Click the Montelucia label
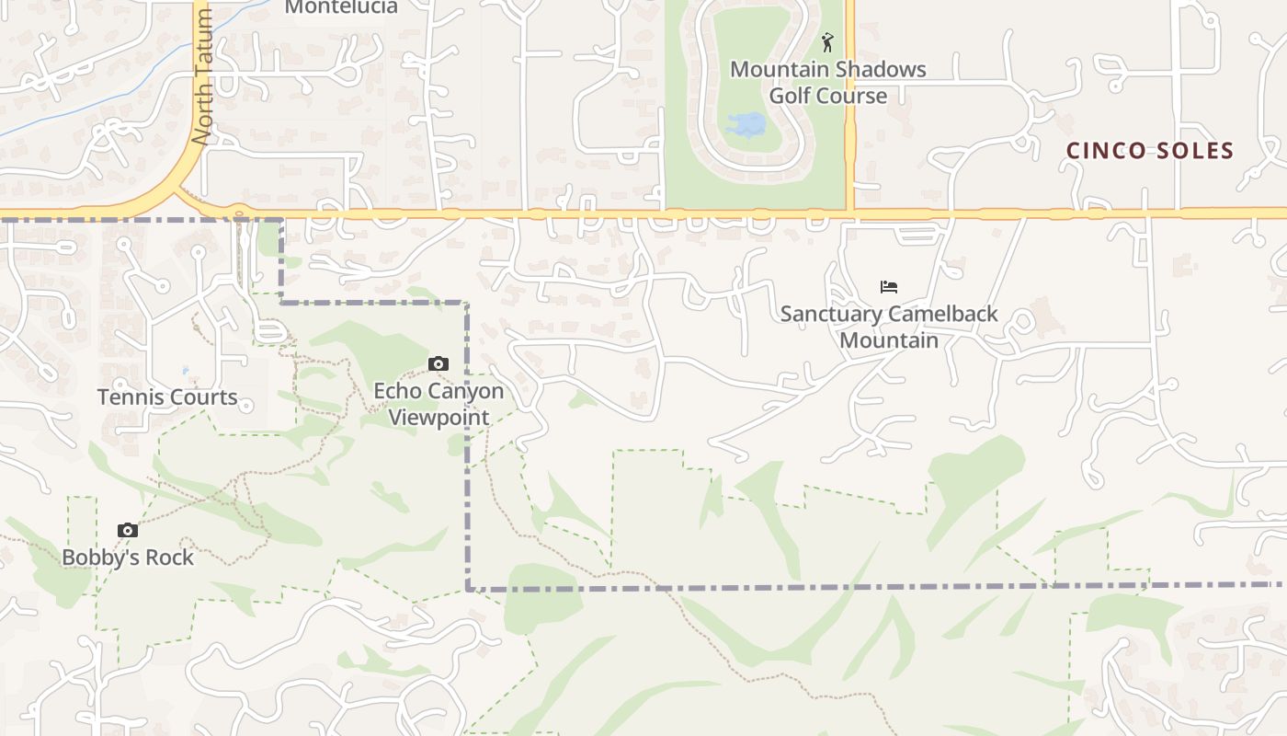coord(341,7)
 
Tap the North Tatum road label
coord(202,78)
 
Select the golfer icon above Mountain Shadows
coord(827,42)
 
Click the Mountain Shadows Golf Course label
coord(827,82)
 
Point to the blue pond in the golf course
coord(746,124)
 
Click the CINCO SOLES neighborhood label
coord(1149,151)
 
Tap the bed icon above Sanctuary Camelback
coord(888,287)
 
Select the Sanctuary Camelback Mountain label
coord(888,327)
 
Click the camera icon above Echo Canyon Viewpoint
coord(438,364)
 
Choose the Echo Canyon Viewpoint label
coord(438,404)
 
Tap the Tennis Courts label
coord(167,397)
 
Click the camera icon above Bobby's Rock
coord(128,530)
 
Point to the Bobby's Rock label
coord(128,558)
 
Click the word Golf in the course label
coord(791,96)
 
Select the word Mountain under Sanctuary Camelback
coord(889,340)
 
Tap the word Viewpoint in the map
coord(438,417)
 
